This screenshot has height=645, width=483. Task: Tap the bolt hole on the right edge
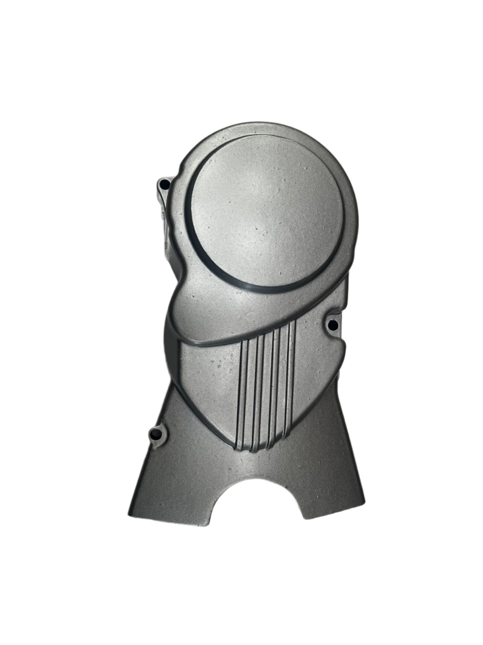[333, 323]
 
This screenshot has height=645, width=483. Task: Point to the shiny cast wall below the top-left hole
[165, 220]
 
